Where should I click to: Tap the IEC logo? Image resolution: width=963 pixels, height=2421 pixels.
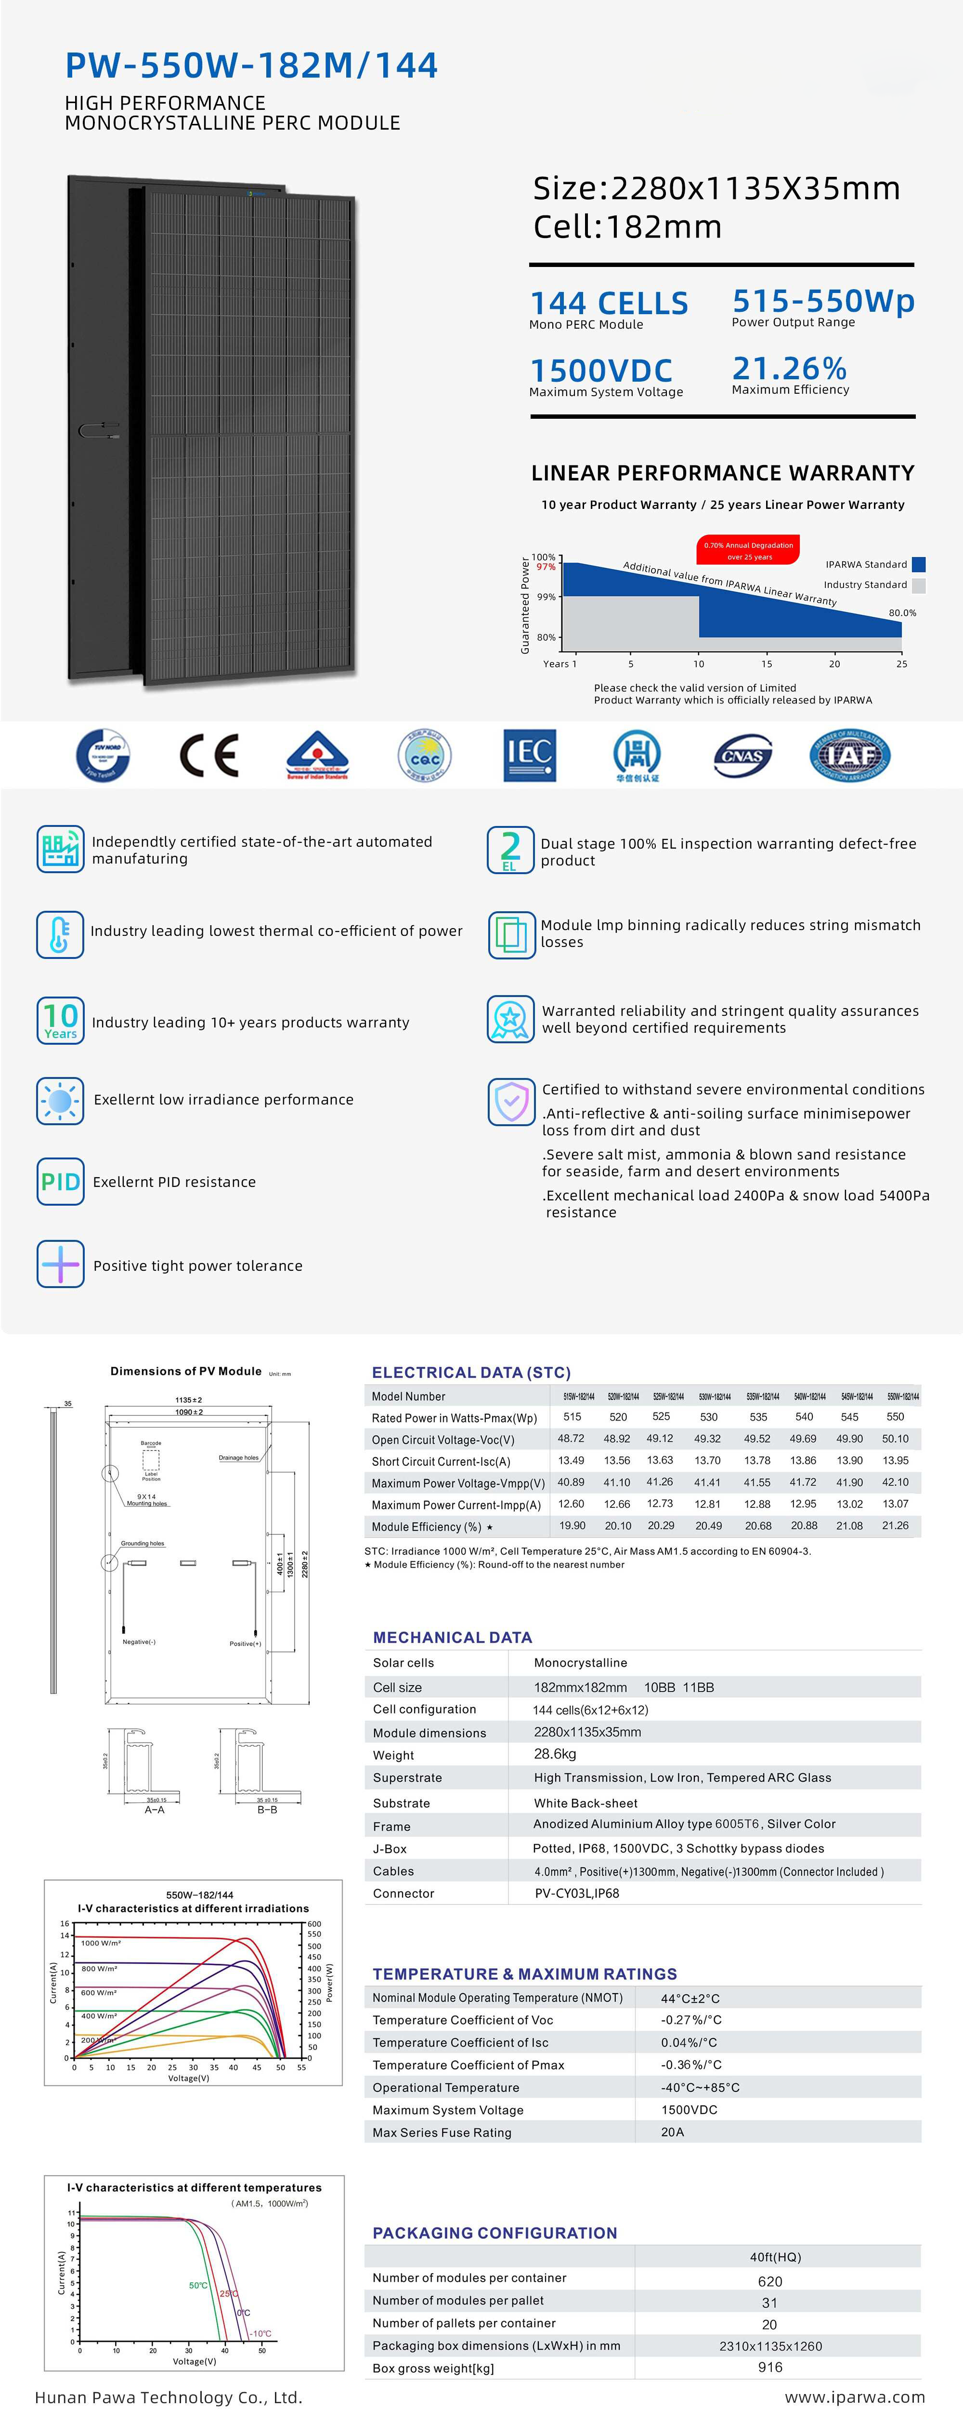[x=529, y=755]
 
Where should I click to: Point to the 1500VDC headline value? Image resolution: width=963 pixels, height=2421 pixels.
[x=601, y=370]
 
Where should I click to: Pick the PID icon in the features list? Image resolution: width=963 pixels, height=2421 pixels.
[x=60, y=1182]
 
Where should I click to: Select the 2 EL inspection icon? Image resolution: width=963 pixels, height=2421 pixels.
[x=509, y=850]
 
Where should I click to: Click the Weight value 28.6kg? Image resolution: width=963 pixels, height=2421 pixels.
[x=555, y=1754]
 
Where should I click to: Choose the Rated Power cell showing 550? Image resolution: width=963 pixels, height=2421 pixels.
[x=896, y=1416]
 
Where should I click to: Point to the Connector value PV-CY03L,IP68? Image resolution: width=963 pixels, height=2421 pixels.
[x=577, y=1893]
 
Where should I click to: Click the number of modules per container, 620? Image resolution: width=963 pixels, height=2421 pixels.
[x=769, y=2281]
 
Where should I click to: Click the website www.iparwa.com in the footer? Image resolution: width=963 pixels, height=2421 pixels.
[x=854, y=2396]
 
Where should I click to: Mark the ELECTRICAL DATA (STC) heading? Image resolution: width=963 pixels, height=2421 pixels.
[x=471, y=1372]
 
